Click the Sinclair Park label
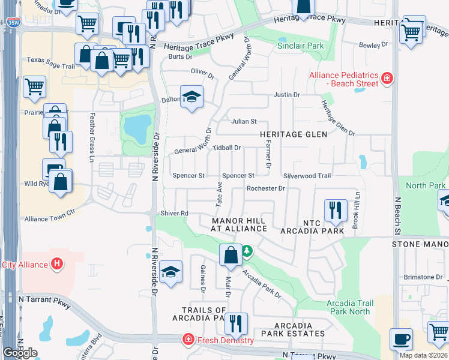coord(301,46)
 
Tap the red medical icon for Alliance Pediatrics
coord(387,77)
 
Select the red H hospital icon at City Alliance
coord(56,263)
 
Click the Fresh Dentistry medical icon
coord(188,340)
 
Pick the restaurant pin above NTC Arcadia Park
coord(335,211)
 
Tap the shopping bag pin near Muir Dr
coord(231,256)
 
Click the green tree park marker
coord(246,250)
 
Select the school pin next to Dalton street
coord(191,97)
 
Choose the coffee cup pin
coord(401,339)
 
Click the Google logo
coord(20,353)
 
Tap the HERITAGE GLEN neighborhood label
coord(294,134)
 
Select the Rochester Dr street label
coord(265,188)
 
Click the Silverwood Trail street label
coord(307,176)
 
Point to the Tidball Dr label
coord(226,147)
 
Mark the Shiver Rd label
coord(174,213)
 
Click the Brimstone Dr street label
coord(423,277)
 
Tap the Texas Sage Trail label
coord(50,60)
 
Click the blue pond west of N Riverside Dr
coord(136,126)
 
